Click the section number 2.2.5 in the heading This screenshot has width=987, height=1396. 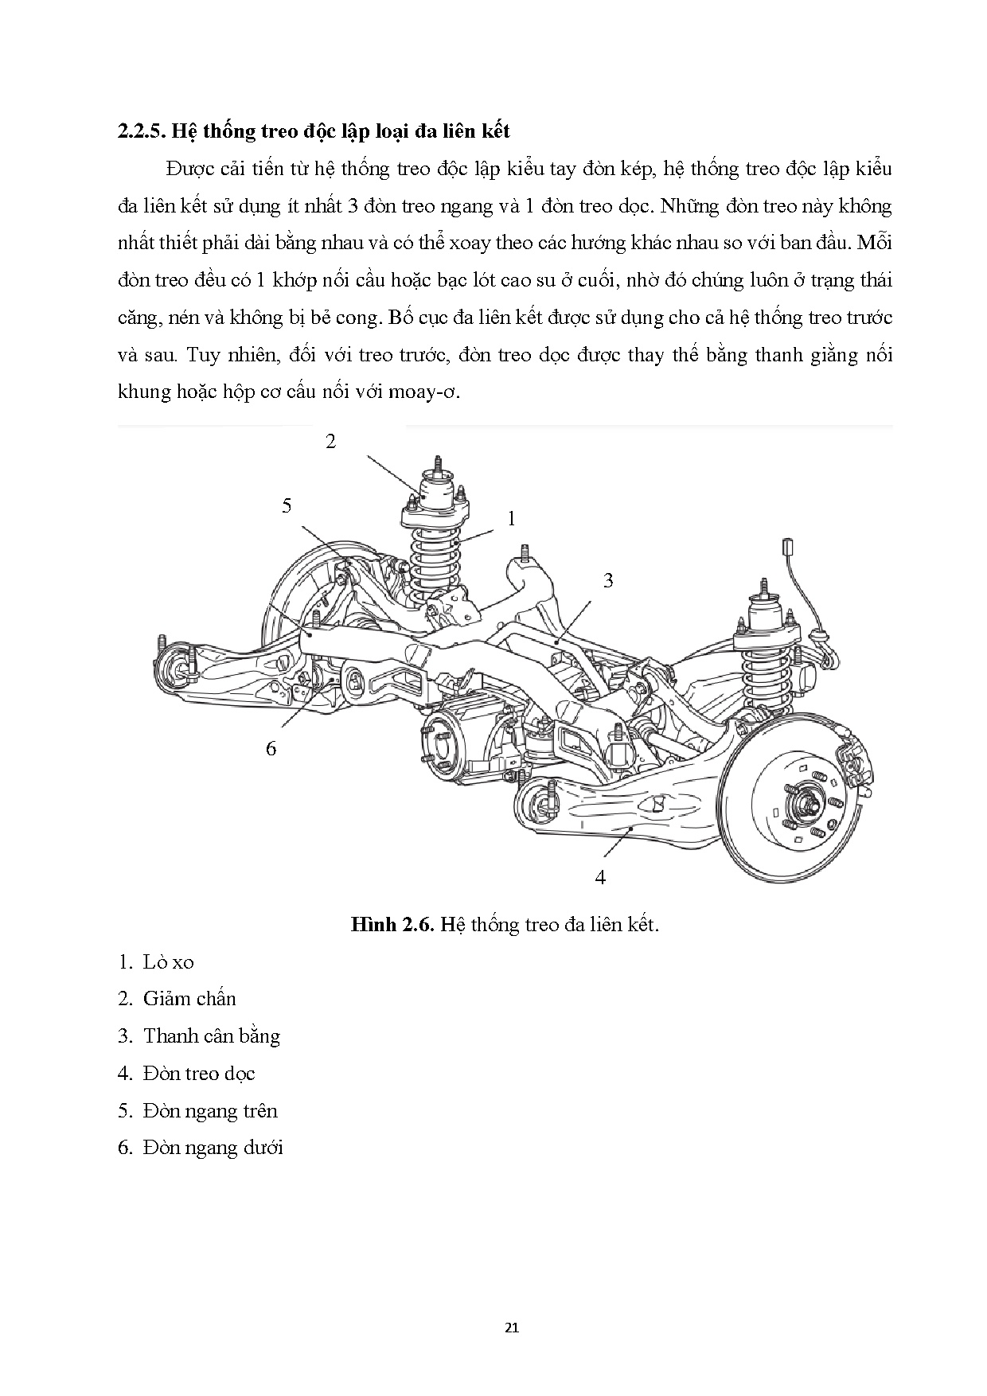coord(140,131)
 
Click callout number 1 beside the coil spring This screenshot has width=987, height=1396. coord(512,519)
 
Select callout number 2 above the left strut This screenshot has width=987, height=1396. coord(331,442)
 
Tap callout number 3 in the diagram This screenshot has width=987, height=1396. coord(608,580)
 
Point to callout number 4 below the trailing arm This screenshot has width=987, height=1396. coord(600,877)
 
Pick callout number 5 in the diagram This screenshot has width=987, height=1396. coord(287,505)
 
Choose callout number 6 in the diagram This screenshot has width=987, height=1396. coord(271,748)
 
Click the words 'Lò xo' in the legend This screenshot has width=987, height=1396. coord(168,961)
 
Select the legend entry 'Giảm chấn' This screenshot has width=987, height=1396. coord(189,999)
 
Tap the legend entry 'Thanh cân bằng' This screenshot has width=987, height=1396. coord(211,1036)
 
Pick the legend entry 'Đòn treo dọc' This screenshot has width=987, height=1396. coord(199,1074)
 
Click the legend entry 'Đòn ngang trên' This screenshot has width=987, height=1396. coord(210,1111)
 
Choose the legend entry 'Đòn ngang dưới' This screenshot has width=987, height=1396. coord(213,1148)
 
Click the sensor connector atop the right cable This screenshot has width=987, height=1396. coord(790,547)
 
